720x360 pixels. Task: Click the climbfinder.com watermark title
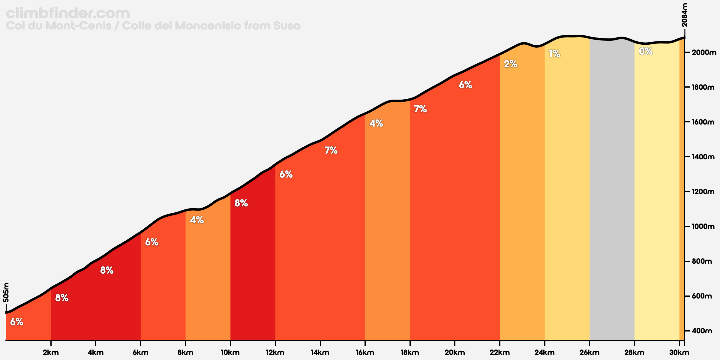tap(68, 13)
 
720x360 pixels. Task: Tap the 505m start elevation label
tap(6, 292)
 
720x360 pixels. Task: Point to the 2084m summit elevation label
tap(684, 15)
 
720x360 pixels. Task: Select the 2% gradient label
tap(511, 64)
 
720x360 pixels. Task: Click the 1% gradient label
tap(554, 54)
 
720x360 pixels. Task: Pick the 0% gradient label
tap(646, 52)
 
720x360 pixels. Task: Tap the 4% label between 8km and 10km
tap(197, 220)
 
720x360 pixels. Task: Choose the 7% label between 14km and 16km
tap(331, 150)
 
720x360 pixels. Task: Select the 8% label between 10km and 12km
tap(241, 203)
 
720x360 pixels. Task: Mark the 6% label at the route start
tap(16, 322)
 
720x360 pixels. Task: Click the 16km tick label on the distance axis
tap(365, 353)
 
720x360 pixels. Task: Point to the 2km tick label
tap(51, 353)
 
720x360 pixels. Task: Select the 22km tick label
tap(500, 353)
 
